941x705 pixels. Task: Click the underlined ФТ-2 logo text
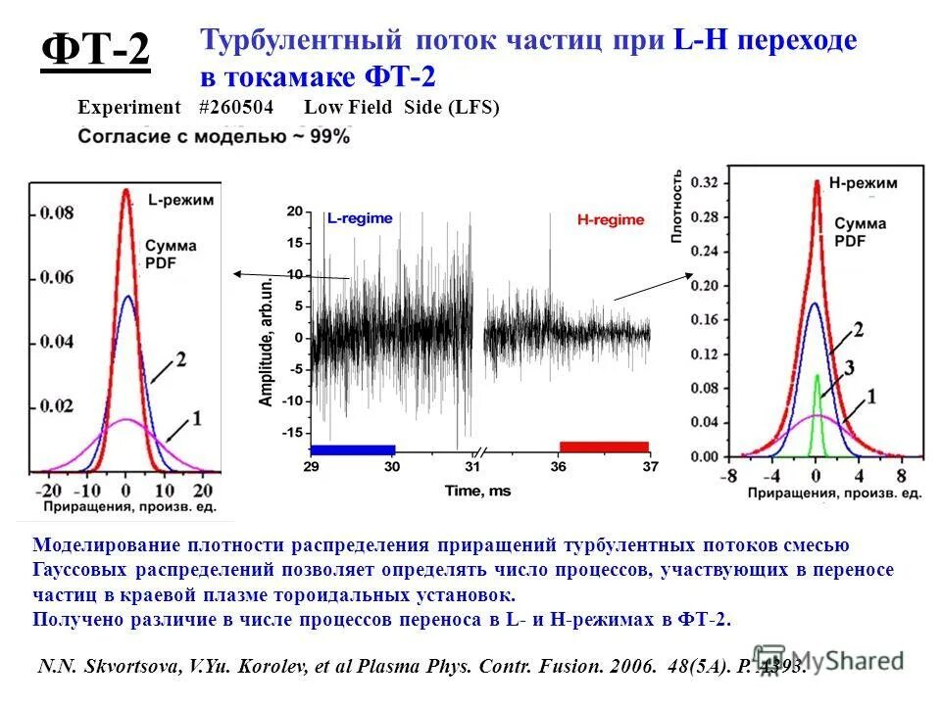pos(96,52)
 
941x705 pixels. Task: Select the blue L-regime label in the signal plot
pos(360,219)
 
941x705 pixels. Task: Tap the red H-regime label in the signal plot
pos(611,220)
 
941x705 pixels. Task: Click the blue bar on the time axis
pos(352,448)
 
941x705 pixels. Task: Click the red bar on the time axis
pos(604,446)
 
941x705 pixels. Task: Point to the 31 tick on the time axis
pos(472,467)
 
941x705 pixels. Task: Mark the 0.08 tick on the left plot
pos(56,212)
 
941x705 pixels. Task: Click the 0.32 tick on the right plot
pos(702,182)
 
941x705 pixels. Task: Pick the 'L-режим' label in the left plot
pos(180,200)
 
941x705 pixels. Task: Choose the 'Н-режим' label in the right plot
pos(863,183)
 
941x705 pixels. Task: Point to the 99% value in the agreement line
pos(329,138)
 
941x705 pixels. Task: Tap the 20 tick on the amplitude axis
pos(294,211)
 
